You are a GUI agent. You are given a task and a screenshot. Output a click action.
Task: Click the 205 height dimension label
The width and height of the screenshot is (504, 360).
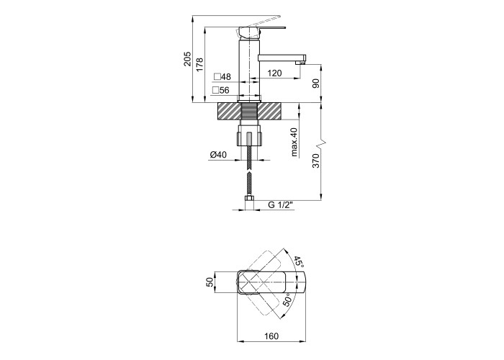point(187,59)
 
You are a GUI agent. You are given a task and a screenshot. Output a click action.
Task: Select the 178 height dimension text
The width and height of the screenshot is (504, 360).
point(199,65)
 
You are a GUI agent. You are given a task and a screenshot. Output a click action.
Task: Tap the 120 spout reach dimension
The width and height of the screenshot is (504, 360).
point(274,73)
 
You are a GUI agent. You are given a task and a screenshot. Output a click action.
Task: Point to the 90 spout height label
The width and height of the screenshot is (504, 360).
point(315,84)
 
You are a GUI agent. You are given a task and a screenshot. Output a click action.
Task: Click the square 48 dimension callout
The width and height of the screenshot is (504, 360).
point(222,77)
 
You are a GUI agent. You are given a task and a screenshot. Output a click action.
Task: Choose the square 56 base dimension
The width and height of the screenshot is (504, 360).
point(221,90)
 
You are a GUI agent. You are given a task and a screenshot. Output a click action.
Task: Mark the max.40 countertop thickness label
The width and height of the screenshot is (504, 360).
point(294,142)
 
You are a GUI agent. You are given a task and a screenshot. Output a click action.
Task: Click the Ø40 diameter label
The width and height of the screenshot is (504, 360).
point(218,155)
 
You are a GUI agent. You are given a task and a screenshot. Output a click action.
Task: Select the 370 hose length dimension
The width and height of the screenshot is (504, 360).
point(315,161)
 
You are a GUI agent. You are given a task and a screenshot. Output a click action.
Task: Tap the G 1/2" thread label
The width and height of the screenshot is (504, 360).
point(281,205)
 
